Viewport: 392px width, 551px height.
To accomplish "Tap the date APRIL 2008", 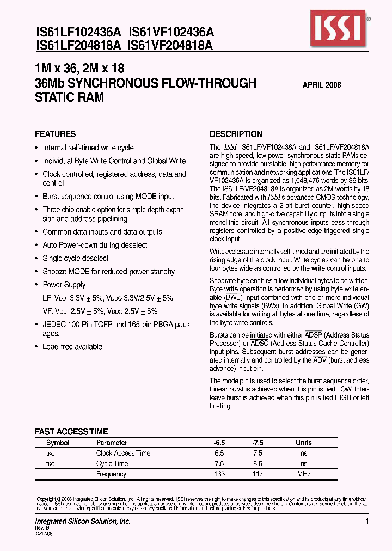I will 322,85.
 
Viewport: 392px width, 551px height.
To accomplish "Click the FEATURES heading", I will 56,134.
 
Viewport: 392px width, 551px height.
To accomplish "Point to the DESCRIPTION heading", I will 236,134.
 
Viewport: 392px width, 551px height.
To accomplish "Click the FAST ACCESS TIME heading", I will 71,432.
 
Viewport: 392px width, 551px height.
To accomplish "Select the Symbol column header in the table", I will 58,443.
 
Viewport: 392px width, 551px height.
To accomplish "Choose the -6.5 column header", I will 220,443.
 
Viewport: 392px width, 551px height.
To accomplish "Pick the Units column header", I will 304,443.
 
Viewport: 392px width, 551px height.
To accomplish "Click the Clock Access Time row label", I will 123,453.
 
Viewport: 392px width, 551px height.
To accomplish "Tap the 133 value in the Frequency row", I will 220,474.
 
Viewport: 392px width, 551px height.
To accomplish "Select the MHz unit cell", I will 304,474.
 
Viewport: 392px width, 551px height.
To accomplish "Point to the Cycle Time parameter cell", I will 112,464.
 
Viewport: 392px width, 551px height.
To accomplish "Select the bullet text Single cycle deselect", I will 76,259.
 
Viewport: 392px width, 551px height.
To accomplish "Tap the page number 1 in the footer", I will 367,522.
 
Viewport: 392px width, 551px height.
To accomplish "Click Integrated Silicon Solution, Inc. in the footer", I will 83,522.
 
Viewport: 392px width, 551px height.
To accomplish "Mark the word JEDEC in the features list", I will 53,325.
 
